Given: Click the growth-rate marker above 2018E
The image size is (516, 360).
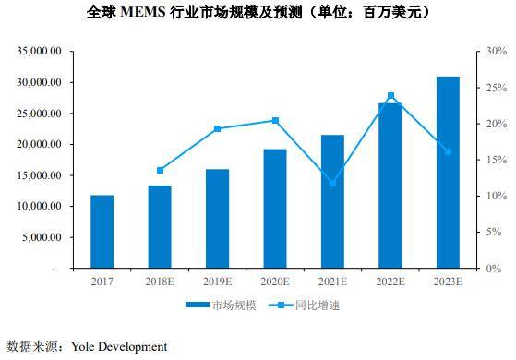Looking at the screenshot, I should (x=161, y=170).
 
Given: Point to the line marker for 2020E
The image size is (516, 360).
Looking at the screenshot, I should (x=275, y=120).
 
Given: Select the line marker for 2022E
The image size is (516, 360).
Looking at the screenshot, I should (x=390, y=95).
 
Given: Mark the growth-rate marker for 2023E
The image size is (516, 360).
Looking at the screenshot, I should (x=448, y=151).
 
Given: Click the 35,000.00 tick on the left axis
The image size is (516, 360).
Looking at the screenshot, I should (x=39, y=52).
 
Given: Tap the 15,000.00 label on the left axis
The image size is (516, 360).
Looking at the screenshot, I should (x=39, y=175).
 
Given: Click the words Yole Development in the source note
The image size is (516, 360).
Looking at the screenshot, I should (x=115, y=347).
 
